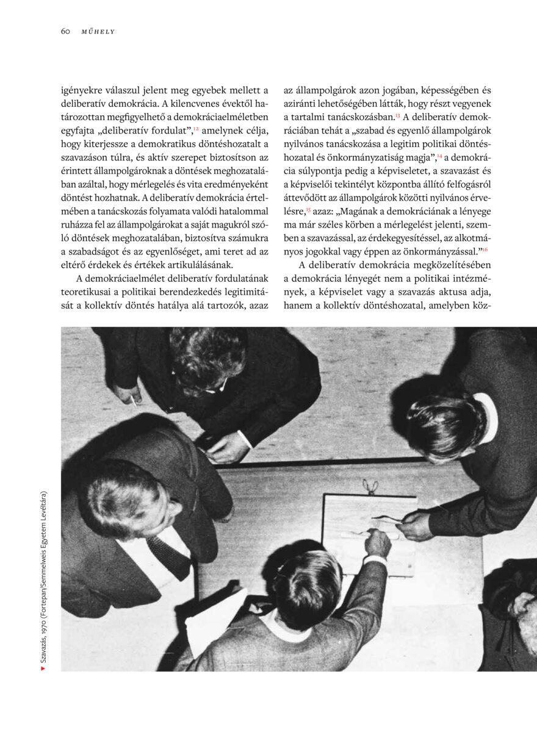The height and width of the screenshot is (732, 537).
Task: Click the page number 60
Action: click(x=66, y=32)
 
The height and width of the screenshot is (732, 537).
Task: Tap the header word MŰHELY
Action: click(x=98, y=32)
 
